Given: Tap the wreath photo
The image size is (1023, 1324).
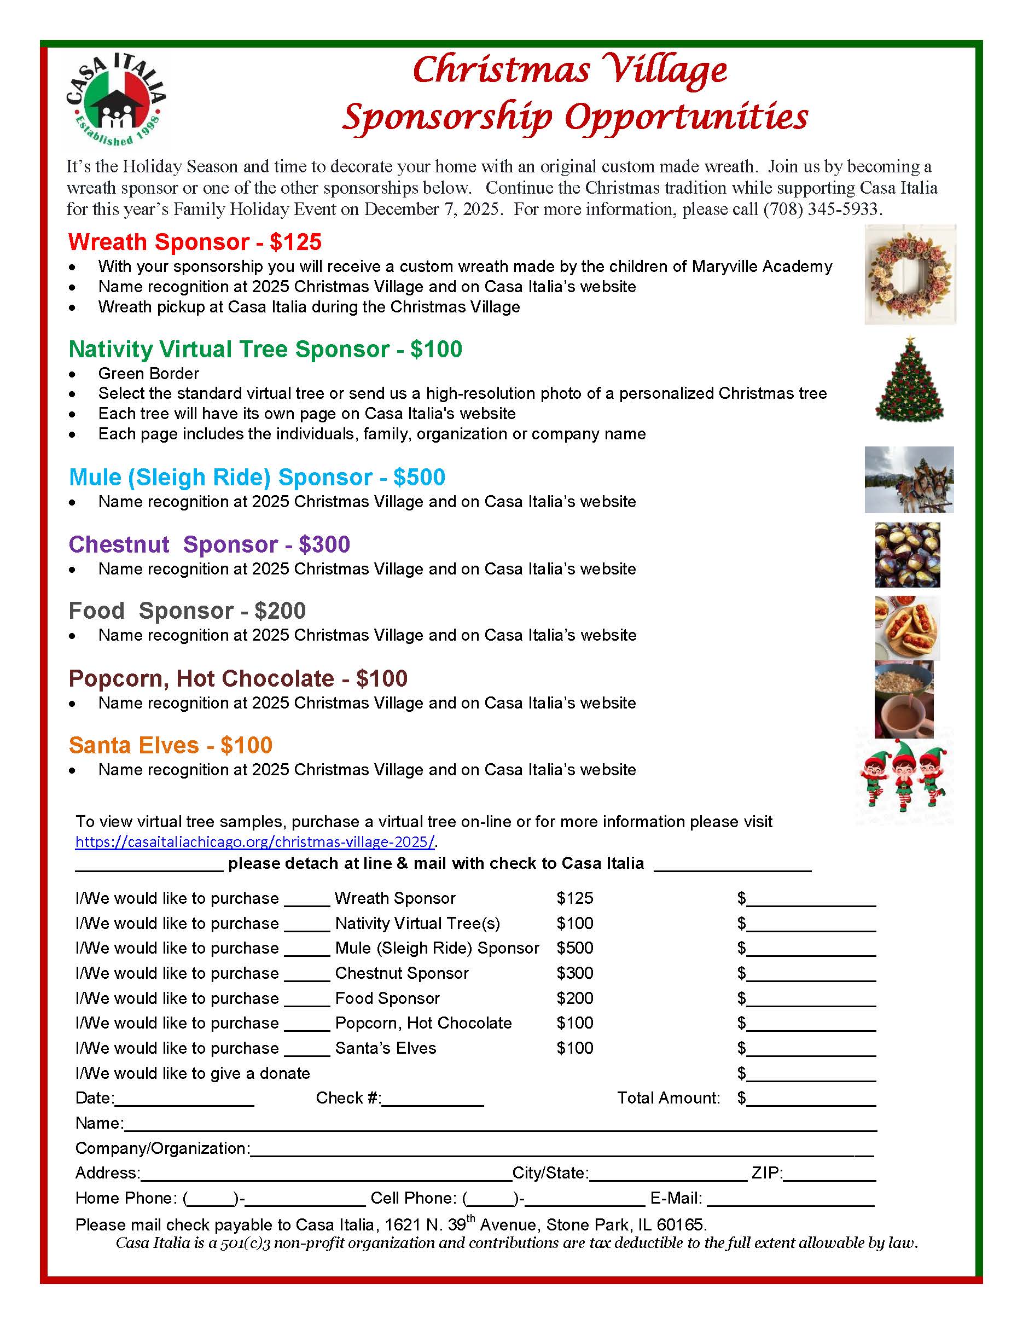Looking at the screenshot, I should [909, 274].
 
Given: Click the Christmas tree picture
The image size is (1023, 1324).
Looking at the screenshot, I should [909, 380].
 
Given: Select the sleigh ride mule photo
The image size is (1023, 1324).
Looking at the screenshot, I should [909, 479].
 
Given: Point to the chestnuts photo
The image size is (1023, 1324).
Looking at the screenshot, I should [906, 555].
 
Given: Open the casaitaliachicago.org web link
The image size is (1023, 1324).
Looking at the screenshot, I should [254, 841].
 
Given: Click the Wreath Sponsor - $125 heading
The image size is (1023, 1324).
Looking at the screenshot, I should [195, 242].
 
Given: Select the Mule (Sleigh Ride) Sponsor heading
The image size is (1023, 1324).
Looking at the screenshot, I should [257, 477].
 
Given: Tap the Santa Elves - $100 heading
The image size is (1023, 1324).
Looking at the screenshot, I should [170, 745].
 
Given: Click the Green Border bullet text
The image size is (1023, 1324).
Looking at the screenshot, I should [148, 374].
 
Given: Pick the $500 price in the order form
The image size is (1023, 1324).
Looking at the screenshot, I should [574, 948].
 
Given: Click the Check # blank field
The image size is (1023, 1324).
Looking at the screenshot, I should [433, 1098].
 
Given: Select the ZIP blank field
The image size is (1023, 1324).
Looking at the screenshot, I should [830, 1173].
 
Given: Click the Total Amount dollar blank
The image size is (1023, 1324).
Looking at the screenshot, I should [811, 1098].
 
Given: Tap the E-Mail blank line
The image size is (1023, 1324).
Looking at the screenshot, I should [791, 1198].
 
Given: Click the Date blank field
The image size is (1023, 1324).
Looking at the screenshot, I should [184, 1098].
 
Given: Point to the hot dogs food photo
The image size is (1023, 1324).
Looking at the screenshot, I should [906, 628].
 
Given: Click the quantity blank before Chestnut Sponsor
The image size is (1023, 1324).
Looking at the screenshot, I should [307, 973].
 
